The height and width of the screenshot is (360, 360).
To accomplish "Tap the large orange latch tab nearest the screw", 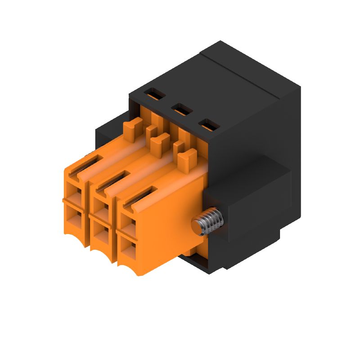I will point(187,159).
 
